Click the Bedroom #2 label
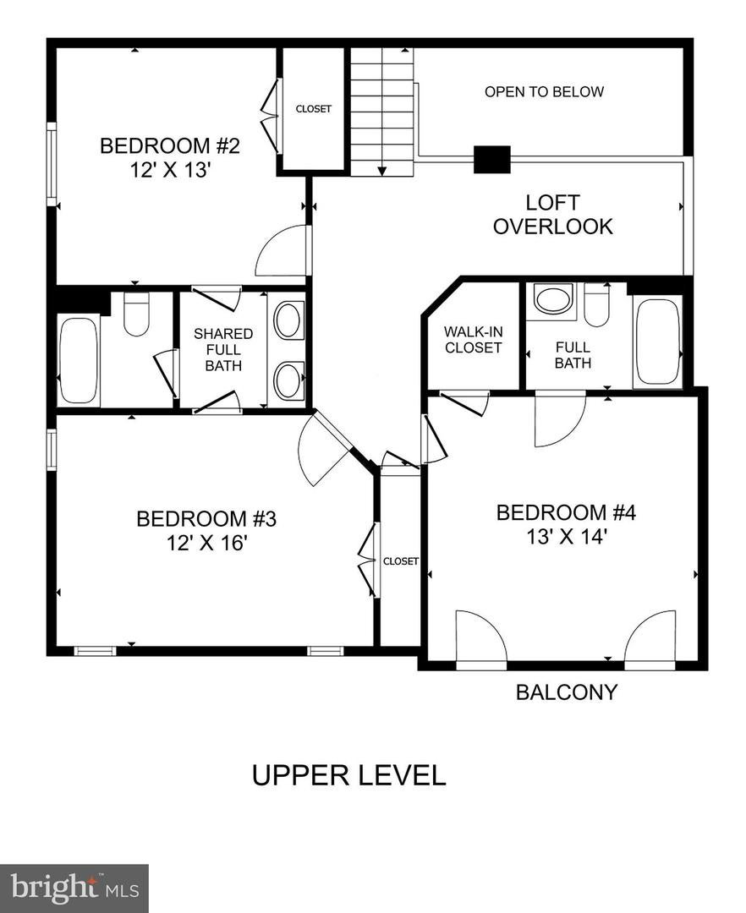click(170, 145)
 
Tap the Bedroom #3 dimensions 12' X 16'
click(206, 542)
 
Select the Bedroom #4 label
click(565, 512)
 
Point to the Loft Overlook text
click(552, 215)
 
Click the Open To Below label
click(544, 91)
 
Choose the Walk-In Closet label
click(473, 339)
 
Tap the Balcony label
click(567, 692)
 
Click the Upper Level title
click(348, 775)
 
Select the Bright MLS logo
click(74, 888)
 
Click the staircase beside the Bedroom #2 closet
click(381, 110)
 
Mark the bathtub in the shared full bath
click(79, 360)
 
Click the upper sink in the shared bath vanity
click(288, 320)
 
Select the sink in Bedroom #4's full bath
click(553, 301)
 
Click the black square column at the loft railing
click(491, 160)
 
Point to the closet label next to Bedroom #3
click(400, 561)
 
